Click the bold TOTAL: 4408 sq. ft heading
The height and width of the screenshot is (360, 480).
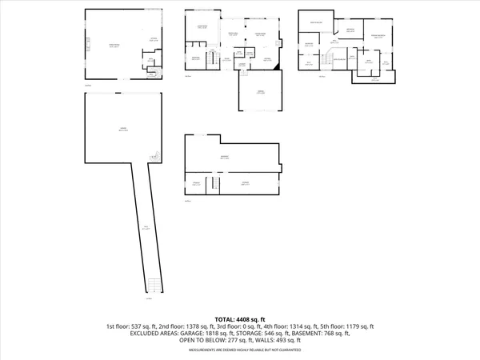coord(239,318)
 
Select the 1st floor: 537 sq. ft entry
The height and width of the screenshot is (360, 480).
coord(132,326)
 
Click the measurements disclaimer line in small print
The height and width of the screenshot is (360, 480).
coord(239,350)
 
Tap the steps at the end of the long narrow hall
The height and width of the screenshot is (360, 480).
coord(154,285)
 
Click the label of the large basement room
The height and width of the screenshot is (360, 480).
coord(226,158)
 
